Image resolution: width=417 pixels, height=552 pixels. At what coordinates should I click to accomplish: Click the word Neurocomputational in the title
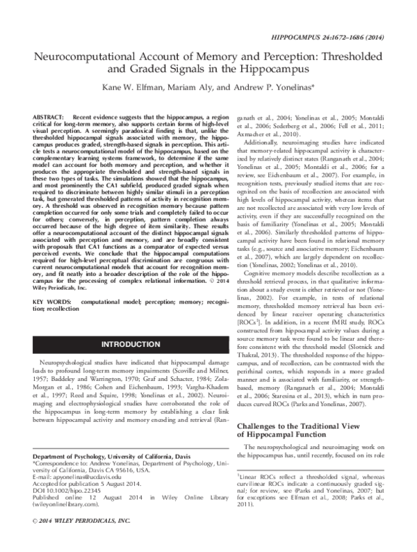click(90, 58)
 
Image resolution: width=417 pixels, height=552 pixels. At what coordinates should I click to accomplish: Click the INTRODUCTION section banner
click(131, 344)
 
